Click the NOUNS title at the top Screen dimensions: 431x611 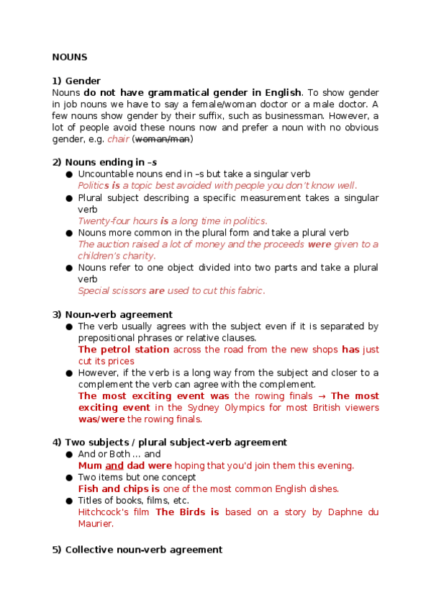(x=70, y=57)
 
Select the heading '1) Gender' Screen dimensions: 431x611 (x=76, y=81)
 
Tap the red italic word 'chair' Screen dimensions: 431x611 (x=118, y=139)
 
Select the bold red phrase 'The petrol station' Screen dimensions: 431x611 (x=124, y=349)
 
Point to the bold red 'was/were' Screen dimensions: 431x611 (x=101, y=419)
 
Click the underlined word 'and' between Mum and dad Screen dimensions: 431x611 (x=115, y=465)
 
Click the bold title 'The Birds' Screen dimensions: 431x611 (x=182, y=512)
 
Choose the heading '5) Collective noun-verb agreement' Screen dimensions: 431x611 (x=137, y=550)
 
